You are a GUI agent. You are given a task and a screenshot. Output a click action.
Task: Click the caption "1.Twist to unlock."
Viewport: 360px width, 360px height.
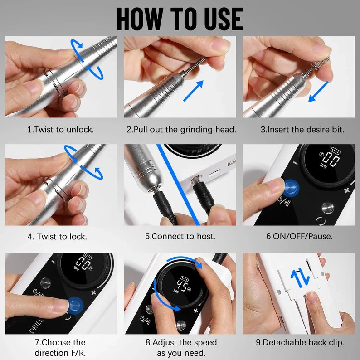[61, 129]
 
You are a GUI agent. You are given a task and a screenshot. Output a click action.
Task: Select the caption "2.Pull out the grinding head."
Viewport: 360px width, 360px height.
[181, 129]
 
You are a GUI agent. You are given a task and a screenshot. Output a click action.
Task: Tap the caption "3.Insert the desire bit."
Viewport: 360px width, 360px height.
[302, 129]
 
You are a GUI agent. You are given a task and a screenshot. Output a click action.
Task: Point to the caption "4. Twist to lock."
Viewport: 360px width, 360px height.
[61, 236]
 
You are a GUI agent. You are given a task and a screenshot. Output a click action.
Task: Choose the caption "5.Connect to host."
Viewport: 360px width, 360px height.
[180, 236]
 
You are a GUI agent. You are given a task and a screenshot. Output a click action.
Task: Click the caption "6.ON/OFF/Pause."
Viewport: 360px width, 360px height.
[299, 236]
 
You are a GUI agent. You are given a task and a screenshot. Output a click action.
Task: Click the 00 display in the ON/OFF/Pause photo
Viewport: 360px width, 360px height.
[328, 161]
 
